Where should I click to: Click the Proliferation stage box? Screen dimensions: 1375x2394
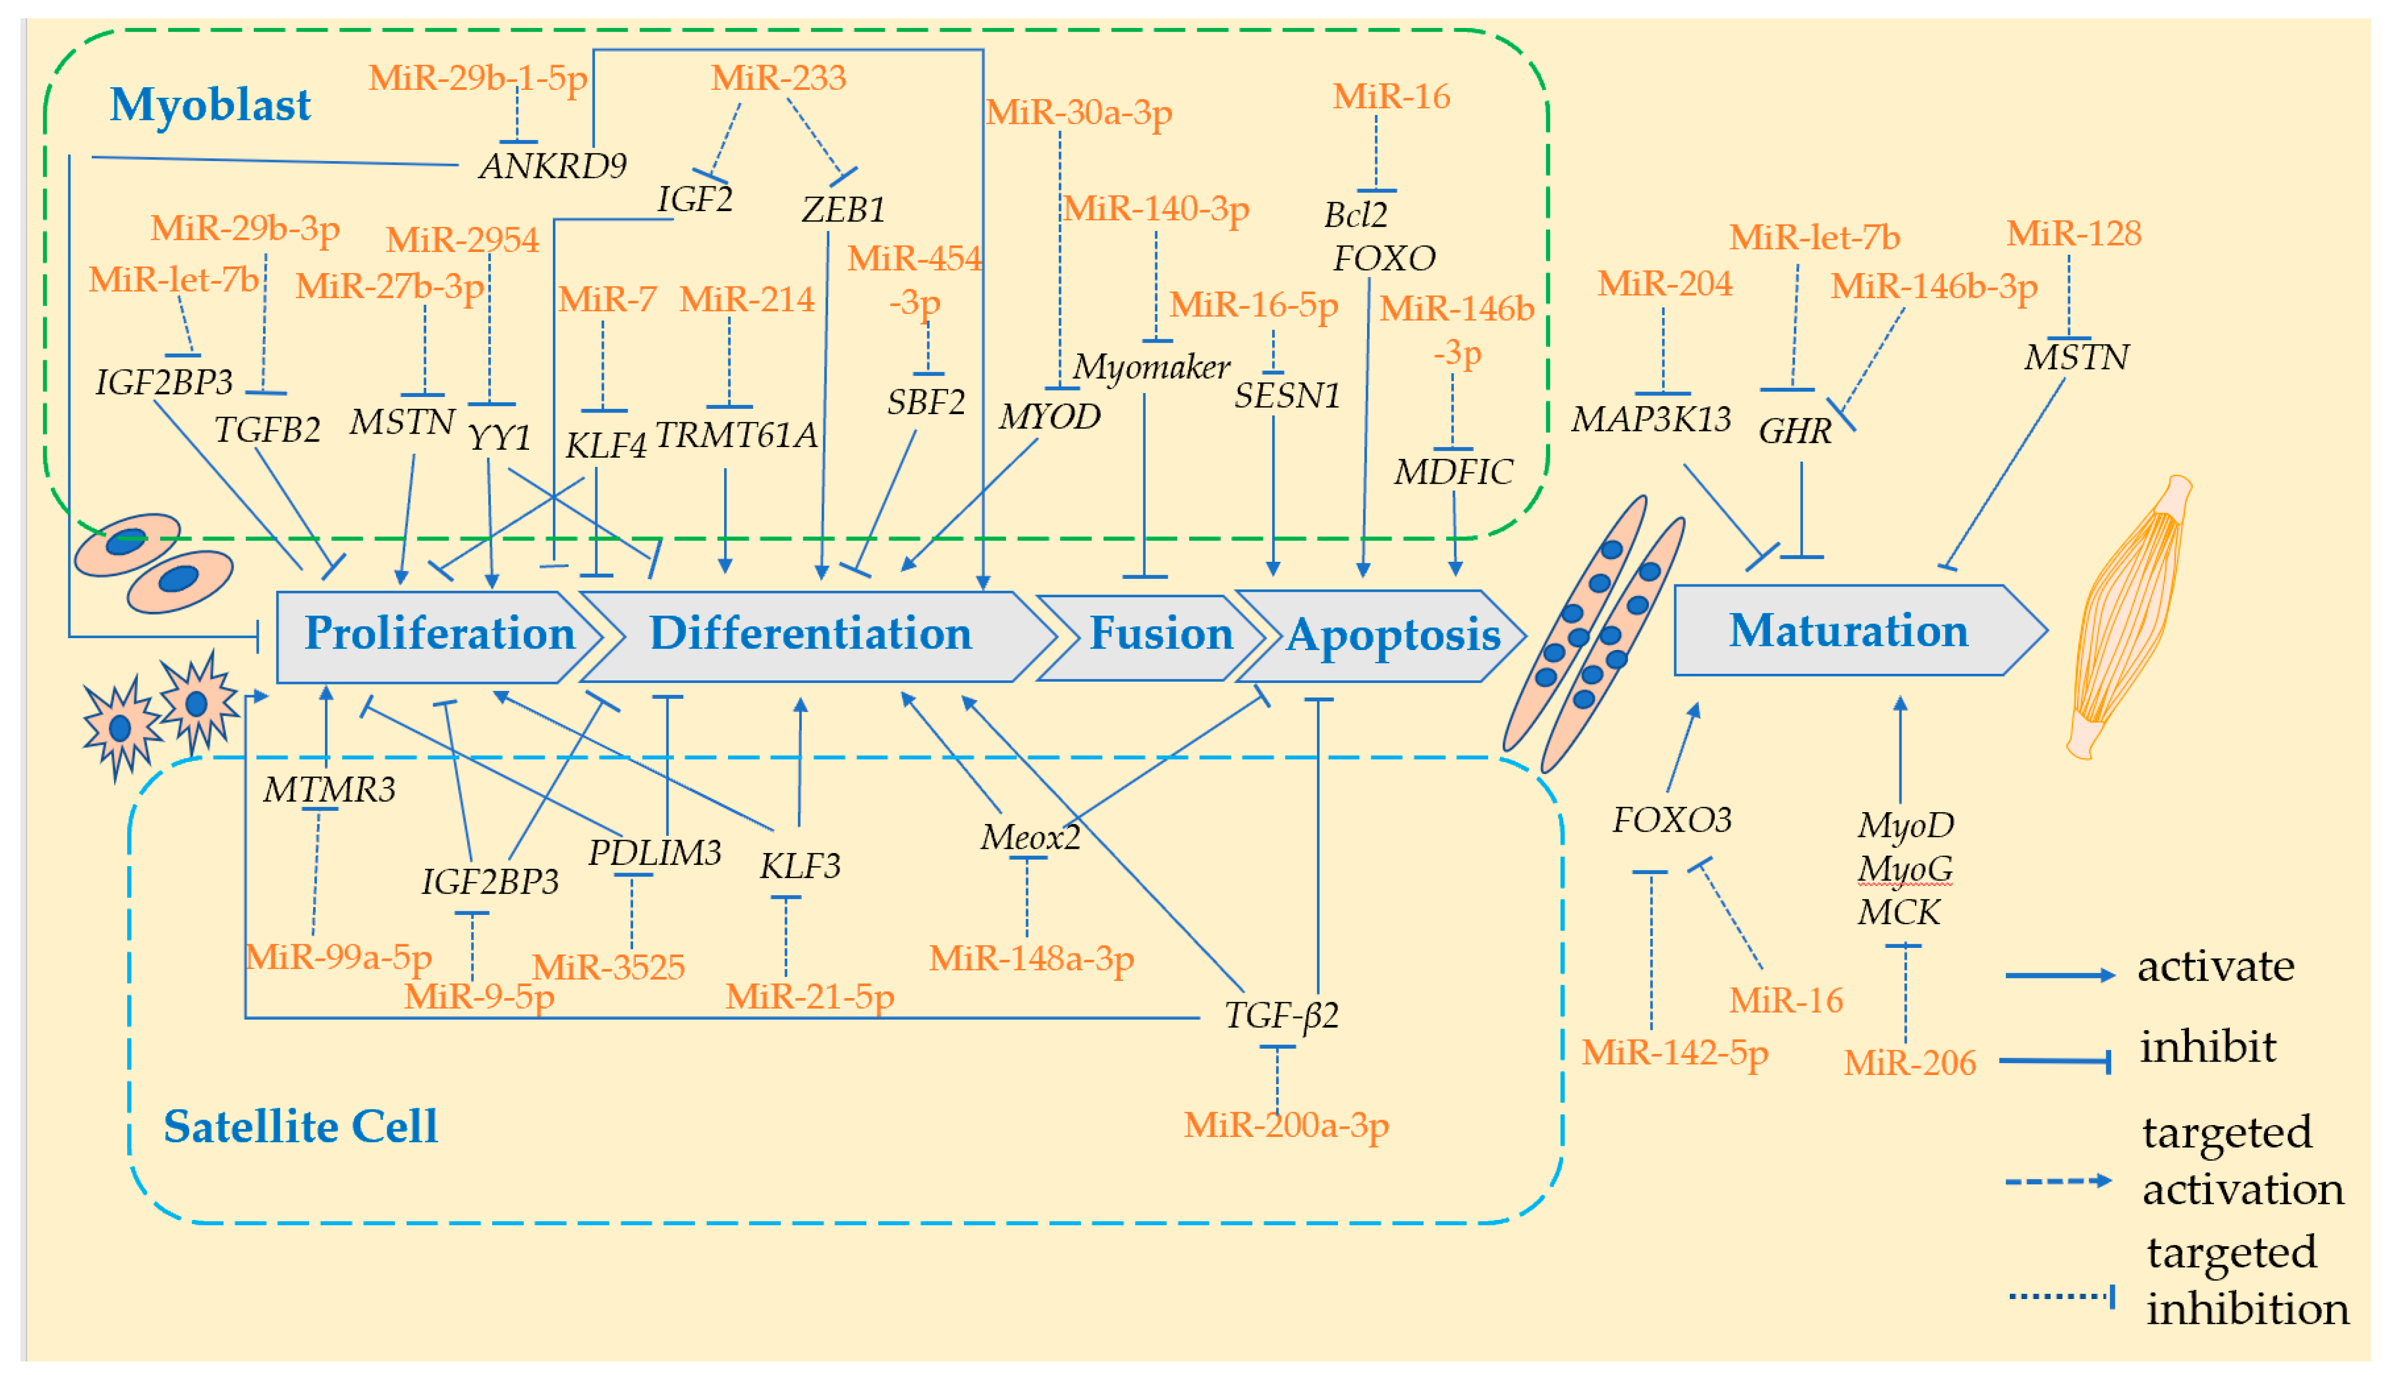tap(439, 634)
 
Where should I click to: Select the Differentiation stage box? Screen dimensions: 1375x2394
tap(810, 634)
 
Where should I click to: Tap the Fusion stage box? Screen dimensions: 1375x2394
tap(1160, 634)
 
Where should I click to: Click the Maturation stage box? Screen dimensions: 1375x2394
tap(1848, 631)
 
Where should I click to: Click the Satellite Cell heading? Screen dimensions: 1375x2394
tap(301, 1126)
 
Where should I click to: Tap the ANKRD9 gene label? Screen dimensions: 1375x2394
tap(553, 166)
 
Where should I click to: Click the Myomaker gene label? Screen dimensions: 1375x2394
tap(1151, 366)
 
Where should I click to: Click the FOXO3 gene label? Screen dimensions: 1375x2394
tap(1671, 820)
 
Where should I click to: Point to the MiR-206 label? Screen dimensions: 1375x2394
tap(1910, 1063)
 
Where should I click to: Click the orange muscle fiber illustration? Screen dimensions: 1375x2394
tap(2131, 614)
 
